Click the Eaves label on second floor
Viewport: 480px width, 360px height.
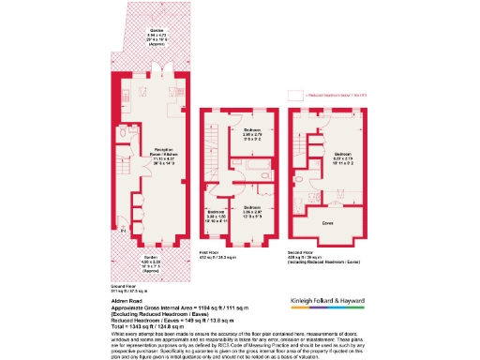coord(328,223)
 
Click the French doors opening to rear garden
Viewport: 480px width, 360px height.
coord(157,67)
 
